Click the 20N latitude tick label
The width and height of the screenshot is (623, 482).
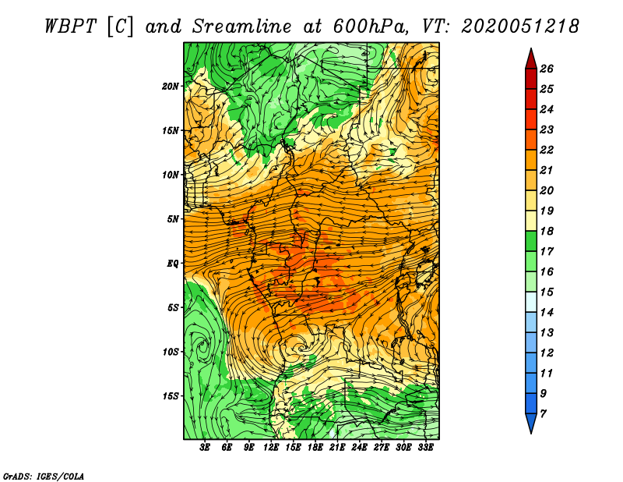[171, 86]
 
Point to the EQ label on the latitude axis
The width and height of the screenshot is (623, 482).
[173, 264]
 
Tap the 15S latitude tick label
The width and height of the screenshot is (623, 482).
[171, 396]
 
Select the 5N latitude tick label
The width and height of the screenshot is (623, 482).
[173, 219]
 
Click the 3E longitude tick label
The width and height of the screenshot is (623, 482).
[204, 448]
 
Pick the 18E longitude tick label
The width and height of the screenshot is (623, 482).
[315, 448]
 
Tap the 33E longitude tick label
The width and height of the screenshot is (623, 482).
[425, 448]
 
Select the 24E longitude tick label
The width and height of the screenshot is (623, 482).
[359, 448]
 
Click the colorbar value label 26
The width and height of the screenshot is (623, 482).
[547, 69]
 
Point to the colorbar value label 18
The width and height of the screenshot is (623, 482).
[547, 231]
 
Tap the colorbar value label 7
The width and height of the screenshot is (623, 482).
[543, 414]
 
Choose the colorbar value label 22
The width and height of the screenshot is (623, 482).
[547, 150]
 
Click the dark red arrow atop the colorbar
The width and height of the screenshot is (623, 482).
[531, 59]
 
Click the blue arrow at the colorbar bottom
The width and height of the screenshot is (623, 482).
[531, 423]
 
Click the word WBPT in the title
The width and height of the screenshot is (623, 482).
[70, 27]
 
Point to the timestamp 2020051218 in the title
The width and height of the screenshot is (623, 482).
[520, 27]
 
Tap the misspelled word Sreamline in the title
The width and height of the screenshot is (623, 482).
[242, 27]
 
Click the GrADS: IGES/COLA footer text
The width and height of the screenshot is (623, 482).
[44, 476]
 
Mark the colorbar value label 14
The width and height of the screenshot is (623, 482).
[547, 313]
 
